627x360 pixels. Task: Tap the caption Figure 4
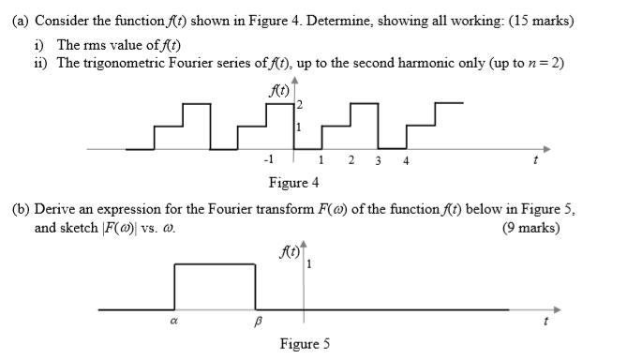292,181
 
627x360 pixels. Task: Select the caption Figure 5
305,344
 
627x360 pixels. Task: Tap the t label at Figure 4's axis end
534,160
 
